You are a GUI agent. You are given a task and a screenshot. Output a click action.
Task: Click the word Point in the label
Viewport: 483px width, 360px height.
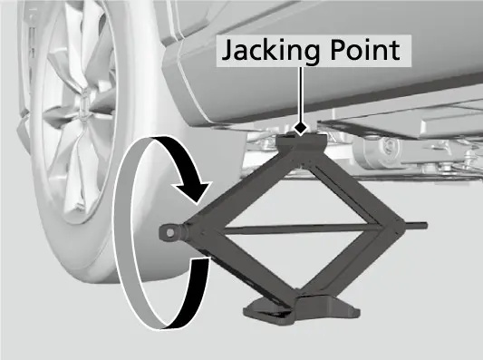click(364, 50)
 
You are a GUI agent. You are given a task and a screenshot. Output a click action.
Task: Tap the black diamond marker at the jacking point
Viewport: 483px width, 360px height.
click(300, 128)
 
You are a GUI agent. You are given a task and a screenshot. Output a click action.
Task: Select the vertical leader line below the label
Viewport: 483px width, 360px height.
click(300, 94)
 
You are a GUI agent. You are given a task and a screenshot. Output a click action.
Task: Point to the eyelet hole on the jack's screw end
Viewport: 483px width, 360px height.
click(169, 233)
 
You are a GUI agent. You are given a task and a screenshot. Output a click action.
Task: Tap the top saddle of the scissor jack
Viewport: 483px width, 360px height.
click(301, 141)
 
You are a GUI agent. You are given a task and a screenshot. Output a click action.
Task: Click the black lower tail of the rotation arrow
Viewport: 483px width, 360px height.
click(191, 293)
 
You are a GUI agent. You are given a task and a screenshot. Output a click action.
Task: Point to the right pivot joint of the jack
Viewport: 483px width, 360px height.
click(391, 227)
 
